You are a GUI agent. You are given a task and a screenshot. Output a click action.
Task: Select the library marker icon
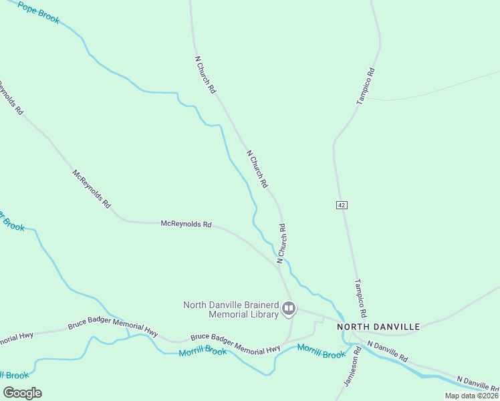(x=289, y=308)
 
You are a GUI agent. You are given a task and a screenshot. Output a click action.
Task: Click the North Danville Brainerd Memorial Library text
(x=231, y=309)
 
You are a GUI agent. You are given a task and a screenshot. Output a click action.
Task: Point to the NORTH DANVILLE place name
(x=378, y=327)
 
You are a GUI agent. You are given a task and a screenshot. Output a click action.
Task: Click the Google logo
(x=23, y=392)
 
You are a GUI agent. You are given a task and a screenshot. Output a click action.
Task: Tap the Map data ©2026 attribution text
(x=471, y=396)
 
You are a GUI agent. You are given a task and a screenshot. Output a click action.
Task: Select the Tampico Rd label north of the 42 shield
(x=365, y=86)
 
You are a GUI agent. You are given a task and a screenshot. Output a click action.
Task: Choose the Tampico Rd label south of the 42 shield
(x=360, y=298)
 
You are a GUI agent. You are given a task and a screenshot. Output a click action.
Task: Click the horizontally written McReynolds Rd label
(x=186, y=225)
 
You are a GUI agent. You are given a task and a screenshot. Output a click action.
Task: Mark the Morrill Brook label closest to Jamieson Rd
(x=321, y=351)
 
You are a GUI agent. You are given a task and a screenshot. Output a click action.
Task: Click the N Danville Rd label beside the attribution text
(x=477, y=384)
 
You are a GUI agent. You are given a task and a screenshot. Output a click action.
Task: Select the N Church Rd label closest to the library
(x=282, y=244)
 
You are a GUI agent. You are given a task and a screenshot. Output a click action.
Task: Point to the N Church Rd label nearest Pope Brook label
(x=205, y=74)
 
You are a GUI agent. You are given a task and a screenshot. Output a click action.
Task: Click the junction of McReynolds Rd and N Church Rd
(x=279, y=266)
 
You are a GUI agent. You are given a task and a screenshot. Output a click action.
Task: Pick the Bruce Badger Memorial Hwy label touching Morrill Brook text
(x=235, y=344)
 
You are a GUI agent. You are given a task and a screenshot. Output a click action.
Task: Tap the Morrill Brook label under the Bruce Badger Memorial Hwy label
(x=203, y=350)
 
